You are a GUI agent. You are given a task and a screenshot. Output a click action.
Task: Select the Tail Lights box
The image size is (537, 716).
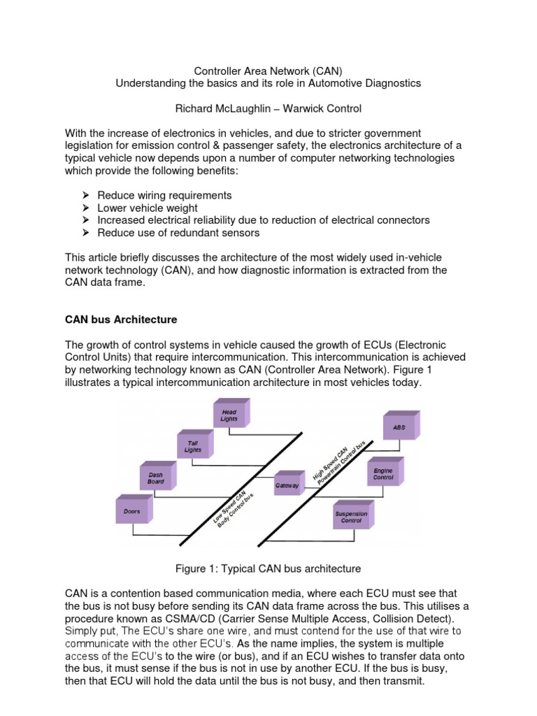193,447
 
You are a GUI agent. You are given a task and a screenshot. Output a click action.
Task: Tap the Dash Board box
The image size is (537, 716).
155,478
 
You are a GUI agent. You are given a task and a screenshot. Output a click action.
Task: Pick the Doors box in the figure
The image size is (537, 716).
132,511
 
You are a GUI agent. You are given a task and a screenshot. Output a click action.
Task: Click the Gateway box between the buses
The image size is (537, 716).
287,485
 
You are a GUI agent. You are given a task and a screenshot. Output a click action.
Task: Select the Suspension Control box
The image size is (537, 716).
350,517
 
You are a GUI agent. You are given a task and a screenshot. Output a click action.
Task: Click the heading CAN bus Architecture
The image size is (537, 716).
121,320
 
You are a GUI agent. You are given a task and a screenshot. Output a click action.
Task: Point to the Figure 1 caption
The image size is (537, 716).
268,568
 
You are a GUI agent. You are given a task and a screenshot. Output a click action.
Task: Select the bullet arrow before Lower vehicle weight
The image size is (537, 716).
86,208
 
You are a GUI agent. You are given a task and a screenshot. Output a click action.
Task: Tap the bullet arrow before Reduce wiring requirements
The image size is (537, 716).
86,195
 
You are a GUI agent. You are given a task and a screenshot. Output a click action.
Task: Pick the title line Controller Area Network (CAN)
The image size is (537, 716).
268,71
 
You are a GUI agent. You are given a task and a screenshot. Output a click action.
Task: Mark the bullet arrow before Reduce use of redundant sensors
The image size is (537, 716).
86,233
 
